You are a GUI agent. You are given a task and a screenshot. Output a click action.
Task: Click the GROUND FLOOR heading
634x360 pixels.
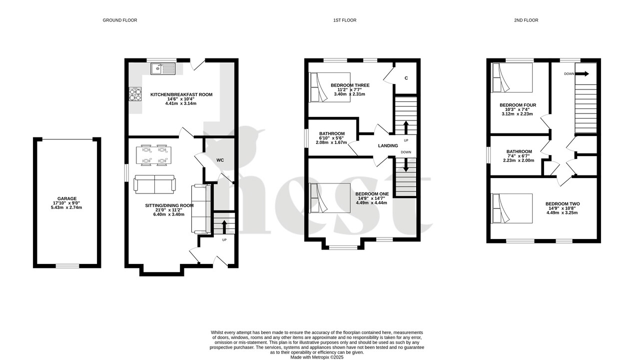[x=119, y=20]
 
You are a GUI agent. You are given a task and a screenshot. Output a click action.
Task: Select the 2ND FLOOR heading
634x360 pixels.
[x=526, y=20]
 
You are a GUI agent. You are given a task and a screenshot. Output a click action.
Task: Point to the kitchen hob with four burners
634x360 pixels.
[x=136, y=94]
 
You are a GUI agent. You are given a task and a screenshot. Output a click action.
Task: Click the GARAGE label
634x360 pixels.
[x=67, y=198]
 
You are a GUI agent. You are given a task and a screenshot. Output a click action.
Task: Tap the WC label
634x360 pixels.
[x=220, y=160]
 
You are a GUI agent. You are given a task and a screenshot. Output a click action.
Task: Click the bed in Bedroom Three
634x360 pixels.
[x=330, y=87]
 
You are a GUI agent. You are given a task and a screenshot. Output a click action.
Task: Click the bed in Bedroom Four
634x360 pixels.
[x=512, y=77]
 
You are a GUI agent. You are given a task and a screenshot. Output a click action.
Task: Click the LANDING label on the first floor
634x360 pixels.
[x=388, y=145]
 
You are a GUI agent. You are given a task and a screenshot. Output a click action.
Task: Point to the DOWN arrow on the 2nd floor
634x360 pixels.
[x=583, y=74]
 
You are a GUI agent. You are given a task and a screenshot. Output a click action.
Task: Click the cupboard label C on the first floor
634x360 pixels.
[x=406, y=78]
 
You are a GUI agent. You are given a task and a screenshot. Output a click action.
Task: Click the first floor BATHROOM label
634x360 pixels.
[x=332, y=133]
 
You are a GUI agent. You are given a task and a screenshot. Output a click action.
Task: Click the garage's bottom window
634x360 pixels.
[x=67, y=266]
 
